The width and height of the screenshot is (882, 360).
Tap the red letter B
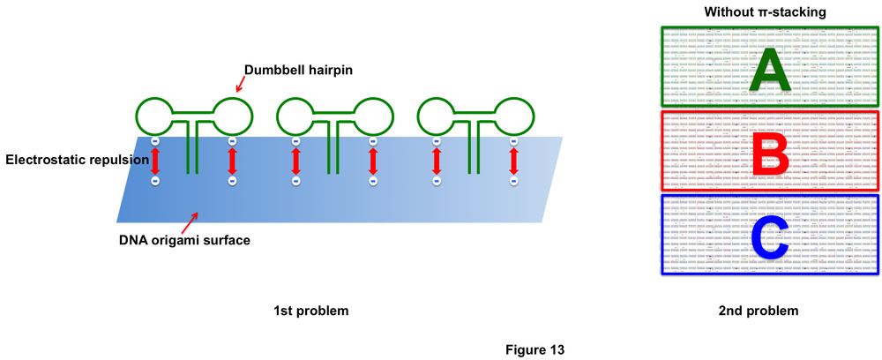(770, 151)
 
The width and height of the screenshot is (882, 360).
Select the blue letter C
(768, 236)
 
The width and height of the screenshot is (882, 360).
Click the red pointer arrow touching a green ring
(240, 83)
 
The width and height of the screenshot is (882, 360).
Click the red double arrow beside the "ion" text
(154, 161)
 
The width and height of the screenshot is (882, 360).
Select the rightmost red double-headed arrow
(514, 161)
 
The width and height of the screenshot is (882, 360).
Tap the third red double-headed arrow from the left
(295, 161)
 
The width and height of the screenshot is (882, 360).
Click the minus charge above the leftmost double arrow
(154, 140)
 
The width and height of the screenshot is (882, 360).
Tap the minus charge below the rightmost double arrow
(514, 181)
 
